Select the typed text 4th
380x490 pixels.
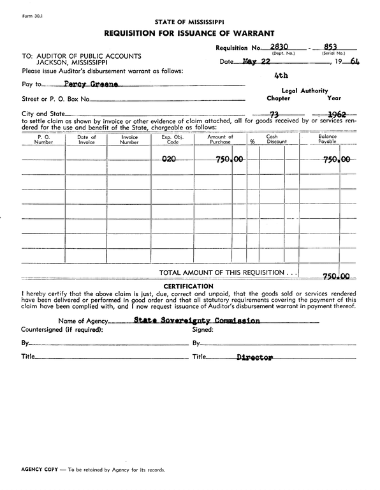click(281, 75)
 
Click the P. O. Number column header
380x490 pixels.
click(43, 140)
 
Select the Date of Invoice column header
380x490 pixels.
click(86, 140)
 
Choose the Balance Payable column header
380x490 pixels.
click(327, 140)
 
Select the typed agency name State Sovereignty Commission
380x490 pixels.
click(197, 321)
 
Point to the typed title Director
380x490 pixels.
click(254, 357)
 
